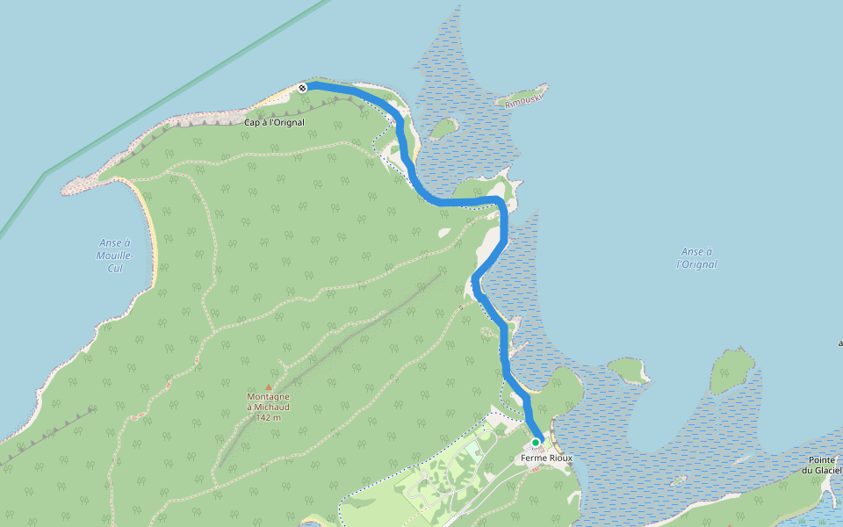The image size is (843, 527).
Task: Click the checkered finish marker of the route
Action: click(x=302, y=87)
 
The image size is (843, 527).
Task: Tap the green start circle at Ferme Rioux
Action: click(x=535, y=442)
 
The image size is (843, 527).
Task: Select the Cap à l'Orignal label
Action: click(x=274, y=122)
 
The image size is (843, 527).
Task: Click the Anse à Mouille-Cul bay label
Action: click(x=116, y=255)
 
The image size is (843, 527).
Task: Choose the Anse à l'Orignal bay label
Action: click(x=697, y=257)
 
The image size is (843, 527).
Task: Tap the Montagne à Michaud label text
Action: click(x=268, y=401)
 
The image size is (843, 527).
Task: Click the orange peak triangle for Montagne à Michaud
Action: click(x=269, y=386)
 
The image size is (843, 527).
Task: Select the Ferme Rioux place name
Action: click(x=546, y=458)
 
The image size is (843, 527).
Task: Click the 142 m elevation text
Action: click(x=268, y=417)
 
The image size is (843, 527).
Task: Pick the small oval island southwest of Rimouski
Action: click(x=444, y=127)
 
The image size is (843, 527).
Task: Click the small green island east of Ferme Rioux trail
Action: click(x=627, y=368)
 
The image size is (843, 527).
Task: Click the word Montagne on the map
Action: click(x=268, y=396)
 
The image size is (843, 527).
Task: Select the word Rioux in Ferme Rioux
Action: click(x=559, y=458)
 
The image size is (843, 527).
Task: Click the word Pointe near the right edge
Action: click(x=821, y=460)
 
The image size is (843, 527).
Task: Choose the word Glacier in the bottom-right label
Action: click(x=828, y=470)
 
